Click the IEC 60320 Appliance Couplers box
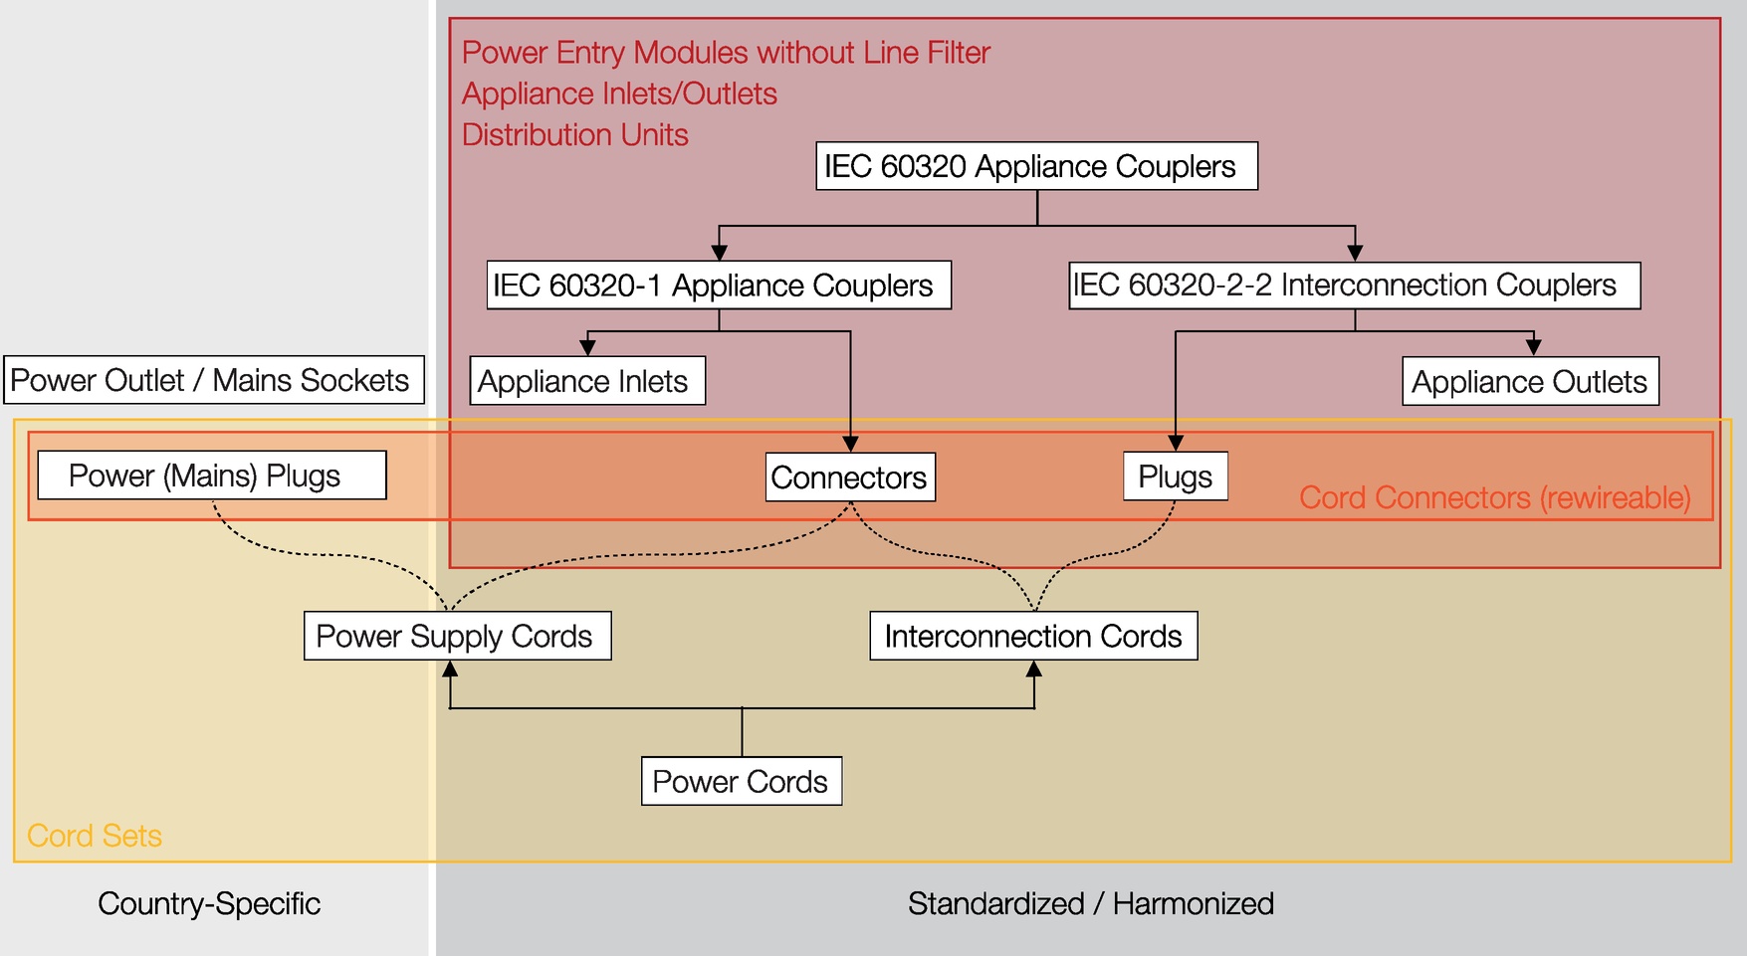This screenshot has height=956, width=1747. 1036,166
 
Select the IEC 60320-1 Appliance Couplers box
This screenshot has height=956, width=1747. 719,286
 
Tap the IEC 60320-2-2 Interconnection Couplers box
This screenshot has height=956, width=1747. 1354,286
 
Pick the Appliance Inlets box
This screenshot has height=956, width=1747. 587,381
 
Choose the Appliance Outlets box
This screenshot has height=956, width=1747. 1530,381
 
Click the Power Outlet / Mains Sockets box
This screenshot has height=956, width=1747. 214,380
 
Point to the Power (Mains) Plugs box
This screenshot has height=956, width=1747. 212,476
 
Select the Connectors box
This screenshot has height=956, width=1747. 850,478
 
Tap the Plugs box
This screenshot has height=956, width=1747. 1176,477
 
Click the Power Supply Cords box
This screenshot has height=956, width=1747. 458,636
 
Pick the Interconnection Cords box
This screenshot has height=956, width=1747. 1033,636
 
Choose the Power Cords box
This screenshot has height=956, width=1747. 742,781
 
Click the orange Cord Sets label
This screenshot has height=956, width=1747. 95,836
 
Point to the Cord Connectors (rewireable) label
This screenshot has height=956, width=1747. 1495,497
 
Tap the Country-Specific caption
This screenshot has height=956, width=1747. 209,903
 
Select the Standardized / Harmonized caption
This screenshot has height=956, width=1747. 1091,903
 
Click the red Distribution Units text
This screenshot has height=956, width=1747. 575,134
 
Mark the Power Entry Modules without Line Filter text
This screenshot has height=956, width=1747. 727,52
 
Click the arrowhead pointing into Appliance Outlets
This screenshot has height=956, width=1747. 1533,347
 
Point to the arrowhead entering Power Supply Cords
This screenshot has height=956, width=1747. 451,669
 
